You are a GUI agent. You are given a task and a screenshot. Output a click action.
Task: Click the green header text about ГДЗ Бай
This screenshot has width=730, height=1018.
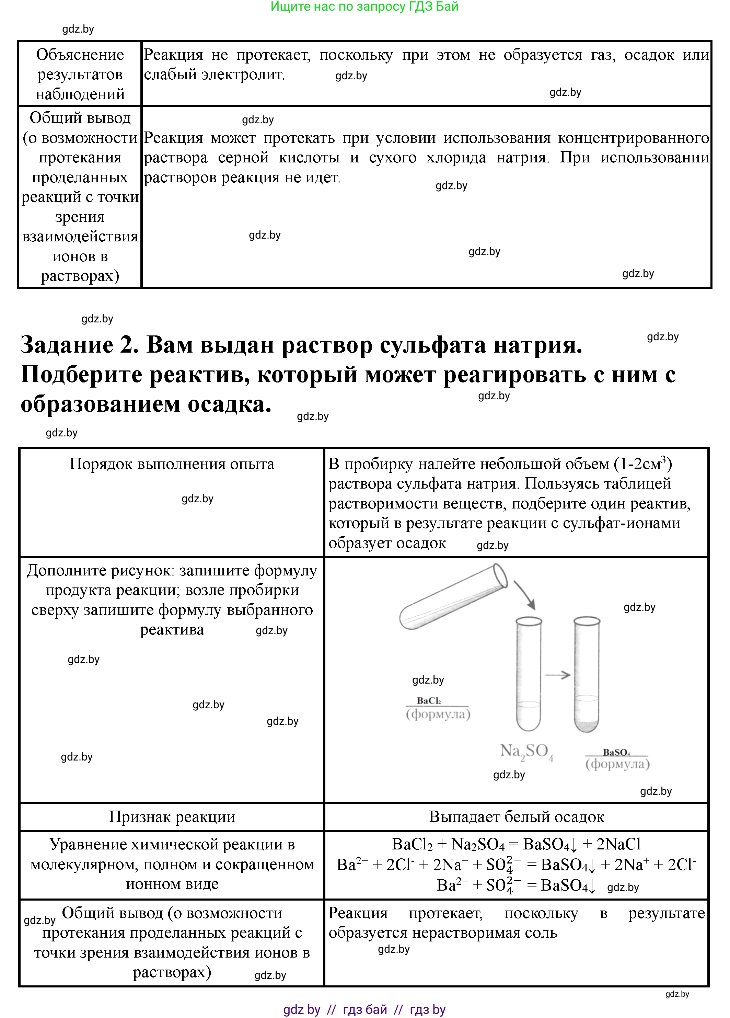pos(364,7)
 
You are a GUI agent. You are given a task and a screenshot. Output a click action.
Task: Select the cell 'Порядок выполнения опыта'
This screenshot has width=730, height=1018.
pos(172,464)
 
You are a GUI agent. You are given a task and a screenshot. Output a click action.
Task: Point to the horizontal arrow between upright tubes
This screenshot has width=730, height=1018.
pos(557,675)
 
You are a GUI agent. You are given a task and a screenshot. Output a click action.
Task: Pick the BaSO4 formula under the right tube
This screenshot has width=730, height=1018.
pos(616,752)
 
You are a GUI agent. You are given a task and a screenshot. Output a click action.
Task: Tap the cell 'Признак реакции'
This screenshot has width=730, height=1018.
pos(172,816)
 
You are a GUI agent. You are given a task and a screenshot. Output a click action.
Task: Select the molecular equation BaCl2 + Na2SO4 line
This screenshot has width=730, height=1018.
pos(516,844)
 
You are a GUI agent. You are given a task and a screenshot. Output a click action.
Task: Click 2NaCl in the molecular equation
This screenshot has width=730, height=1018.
pos(618,844)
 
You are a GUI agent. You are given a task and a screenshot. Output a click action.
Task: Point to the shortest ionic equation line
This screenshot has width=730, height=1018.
pos(516,885)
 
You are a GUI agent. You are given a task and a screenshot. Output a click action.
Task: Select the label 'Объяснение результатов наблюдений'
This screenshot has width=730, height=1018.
pos(80,74)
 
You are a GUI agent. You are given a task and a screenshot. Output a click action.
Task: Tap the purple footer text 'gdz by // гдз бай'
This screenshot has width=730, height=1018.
pos(364,1009)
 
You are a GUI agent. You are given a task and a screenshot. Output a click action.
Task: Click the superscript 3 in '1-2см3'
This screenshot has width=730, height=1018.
pos(663,459)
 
